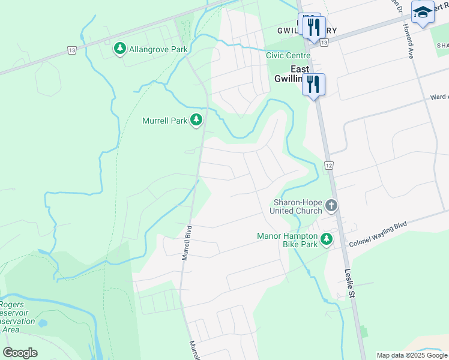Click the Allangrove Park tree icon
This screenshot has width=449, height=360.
[x=120, y=49]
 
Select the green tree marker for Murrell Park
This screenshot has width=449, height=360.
[x=196, y=120]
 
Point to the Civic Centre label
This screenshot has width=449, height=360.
[x=288, y=55]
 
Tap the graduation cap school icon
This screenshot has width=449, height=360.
[x=423, y=12]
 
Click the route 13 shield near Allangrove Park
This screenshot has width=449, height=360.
[x=72, y=50]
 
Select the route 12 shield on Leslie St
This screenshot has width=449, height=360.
[x=328, y=164]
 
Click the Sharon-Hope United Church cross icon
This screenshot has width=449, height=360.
[x=331, y=207]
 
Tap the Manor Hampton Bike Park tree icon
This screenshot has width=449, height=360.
[x=327, y=240]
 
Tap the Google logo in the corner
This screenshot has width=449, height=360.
[x=20, y=353]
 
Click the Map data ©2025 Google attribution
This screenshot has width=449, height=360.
[x=412, y=355]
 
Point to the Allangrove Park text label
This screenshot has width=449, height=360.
[x=158, y=49]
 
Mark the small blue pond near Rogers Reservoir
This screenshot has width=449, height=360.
[x=42, y=323]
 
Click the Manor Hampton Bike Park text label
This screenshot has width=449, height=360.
[x=287, y=240]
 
